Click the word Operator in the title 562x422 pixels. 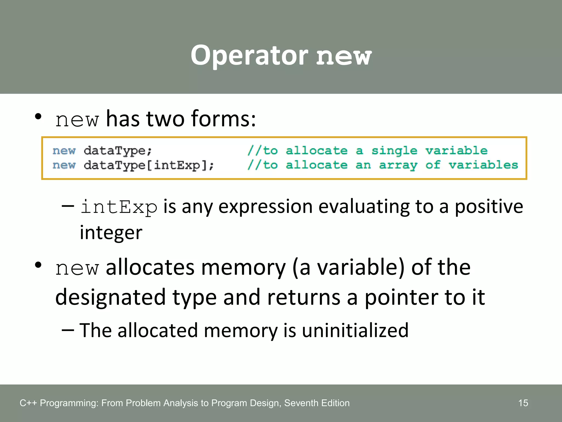tap(249, 56)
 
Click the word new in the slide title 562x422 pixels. tap(344, 57)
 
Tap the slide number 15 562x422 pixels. tap(523, 403)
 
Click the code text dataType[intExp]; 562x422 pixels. tap(148, 165)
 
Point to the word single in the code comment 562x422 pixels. tap(394, 151)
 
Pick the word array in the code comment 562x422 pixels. tap(398, 165)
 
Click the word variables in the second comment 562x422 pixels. tap(483, 165)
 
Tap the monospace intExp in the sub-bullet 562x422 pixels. tap(119, 207)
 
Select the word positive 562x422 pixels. tap(489, 207)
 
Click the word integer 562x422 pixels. tap(111, 232)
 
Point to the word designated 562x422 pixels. tap(110, 297)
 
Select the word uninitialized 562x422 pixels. tap(355, 330)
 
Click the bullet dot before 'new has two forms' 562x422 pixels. tap(38, 116)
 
